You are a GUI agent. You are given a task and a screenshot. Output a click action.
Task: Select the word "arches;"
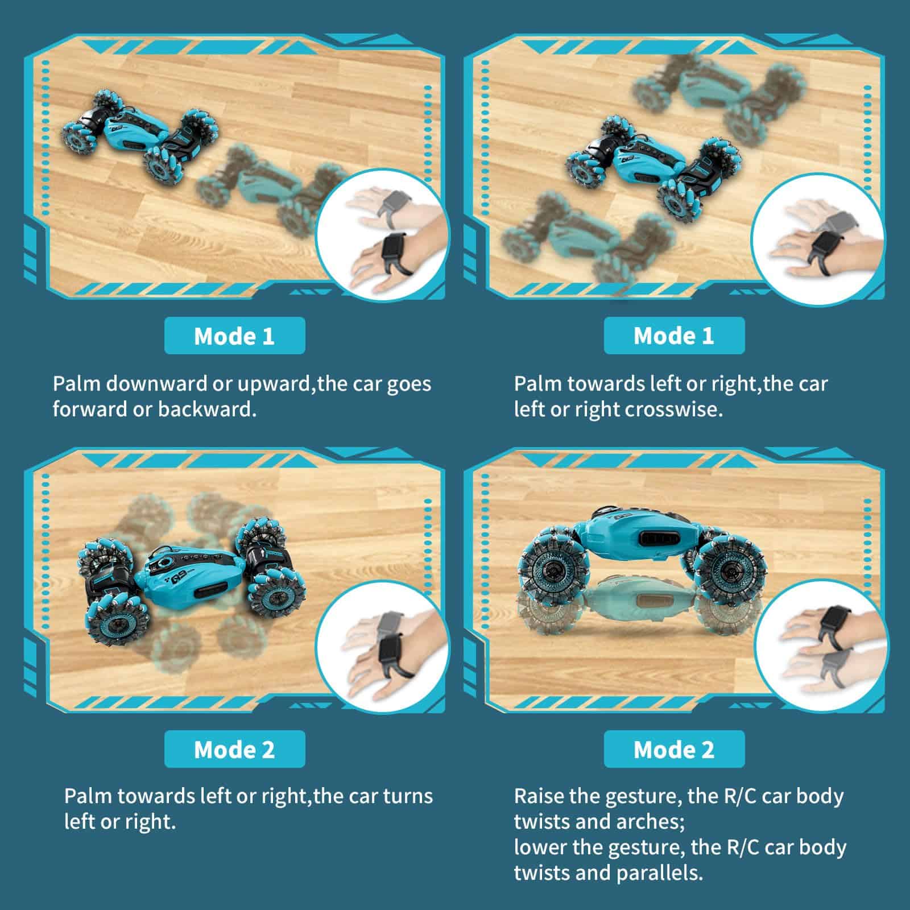pos(645,821)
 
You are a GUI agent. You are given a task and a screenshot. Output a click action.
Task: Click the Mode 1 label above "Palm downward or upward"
pos(234,336)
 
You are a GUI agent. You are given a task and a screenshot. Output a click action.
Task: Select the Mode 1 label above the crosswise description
pos(674,336)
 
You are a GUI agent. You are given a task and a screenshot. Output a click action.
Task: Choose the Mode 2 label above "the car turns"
pos(234,749)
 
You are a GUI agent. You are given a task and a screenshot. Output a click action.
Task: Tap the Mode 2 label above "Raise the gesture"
pos(674,749)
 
